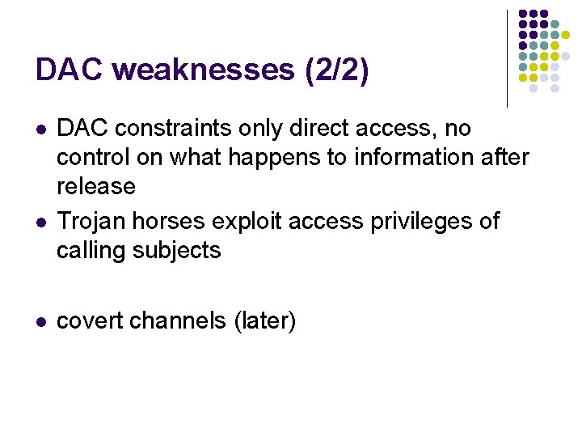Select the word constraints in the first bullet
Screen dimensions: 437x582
click(x=168, y=129)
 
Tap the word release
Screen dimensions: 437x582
click(x=95, y=186)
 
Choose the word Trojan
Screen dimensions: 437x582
click(x=91, y=221)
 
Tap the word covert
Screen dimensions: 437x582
click(x=90, y=320)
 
